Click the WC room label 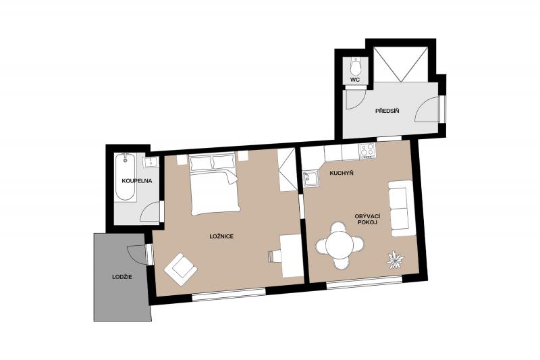(x=355, y=80)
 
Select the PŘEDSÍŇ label (x=387, y=111)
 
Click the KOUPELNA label (x=137, y=181)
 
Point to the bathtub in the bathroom (x=125, y=178)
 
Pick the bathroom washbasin (x=151, y=162)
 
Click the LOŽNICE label (x=222, y=236)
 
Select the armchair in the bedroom (x=180, y=269)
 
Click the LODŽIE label (x=122, y=277)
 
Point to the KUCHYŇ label (x=342, y=173)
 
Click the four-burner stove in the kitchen (x=367, y=151)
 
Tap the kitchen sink (x=311, y=179)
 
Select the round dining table (x=340, y=245)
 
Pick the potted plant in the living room (x=396, y=260)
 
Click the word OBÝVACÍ (x=367, y=216)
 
